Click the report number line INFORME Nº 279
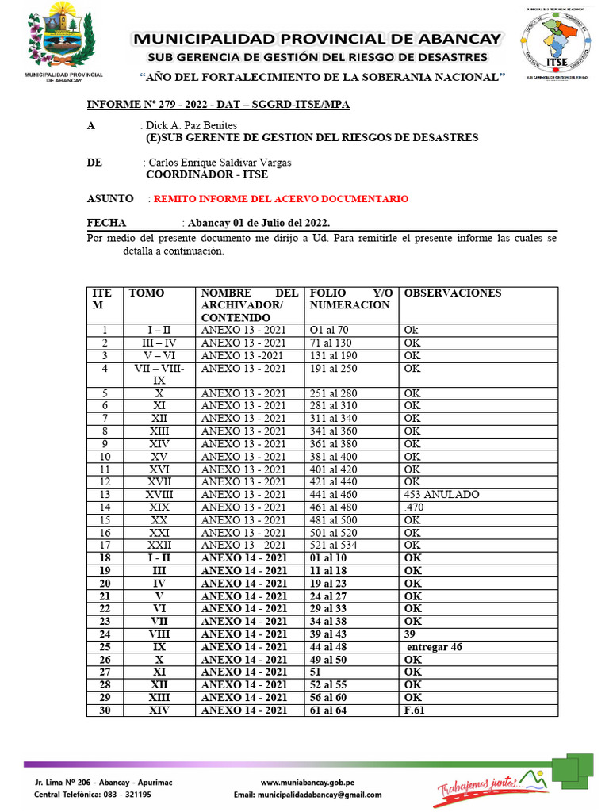click(x=218, y=105)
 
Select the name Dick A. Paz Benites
click(x=191, y=125)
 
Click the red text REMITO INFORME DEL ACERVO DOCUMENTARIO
click(x=281, y=198)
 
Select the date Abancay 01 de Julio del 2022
click(x=255, y=223)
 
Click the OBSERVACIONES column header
click(x=453, y=293)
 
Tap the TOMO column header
click(x=147, y=293)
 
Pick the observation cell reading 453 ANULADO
click(x=441, y=495)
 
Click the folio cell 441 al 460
click(x=336, y=495)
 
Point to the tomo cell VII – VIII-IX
click(x=159, y=374)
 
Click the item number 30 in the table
click(x=104, y=710)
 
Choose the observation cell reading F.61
click(x=415, y=710)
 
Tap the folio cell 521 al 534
click(x=336, y=546)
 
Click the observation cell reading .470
click(x=415, y=507)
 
